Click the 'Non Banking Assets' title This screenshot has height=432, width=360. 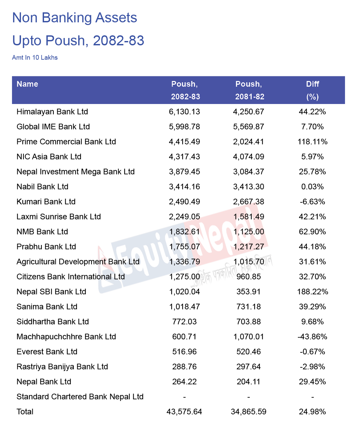75,18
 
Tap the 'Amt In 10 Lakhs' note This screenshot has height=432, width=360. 35,57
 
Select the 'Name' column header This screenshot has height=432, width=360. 27,84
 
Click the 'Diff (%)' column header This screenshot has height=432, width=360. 312,90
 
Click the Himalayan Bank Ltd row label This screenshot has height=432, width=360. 52,112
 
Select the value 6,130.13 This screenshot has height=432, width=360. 184,112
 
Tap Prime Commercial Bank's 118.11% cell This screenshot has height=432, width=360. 312,142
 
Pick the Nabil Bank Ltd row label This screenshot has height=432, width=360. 42,187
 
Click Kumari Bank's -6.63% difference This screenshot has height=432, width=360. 312,202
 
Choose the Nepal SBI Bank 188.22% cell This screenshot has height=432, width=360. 312,292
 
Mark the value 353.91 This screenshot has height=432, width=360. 248,292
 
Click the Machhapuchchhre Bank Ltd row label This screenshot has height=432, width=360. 66,337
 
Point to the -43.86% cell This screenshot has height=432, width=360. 312,337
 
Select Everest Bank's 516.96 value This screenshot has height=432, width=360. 184,352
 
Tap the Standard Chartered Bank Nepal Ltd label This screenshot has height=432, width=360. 80,397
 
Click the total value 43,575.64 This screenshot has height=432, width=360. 184,412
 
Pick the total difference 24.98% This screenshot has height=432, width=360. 312,412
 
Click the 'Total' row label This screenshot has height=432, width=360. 25,412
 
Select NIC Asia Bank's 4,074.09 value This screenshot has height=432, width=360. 248,157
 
